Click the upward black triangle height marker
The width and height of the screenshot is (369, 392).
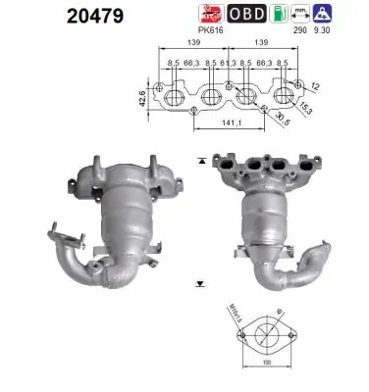point(201,159)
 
